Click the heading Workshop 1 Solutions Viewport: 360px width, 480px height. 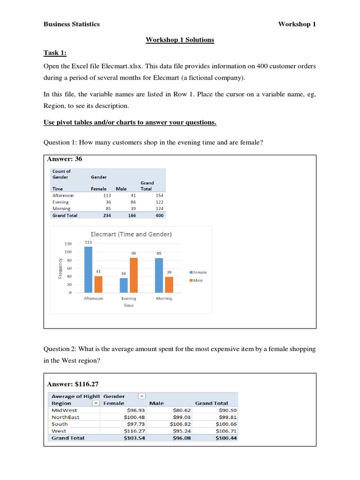point(180,40)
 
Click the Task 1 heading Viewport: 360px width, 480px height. point(54,53)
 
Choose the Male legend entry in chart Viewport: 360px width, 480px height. point(197,280)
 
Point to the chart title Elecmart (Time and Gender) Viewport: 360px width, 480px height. point(131,234)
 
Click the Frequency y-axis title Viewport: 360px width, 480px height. point(60,268)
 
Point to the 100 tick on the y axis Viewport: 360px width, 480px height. point(67,252)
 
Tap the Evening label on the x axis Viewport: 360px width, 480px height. point(128,299)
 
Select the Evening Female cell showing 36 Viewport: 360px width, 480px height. point(108,202)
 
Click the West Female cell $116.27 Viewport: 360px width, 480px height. point(135,431)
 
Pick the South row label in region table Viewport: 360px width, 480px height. point(60,424)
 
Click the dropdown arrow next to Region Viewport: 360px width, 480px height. point(96,403)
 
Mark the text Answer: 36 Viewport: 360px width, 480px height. point(65,159)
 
